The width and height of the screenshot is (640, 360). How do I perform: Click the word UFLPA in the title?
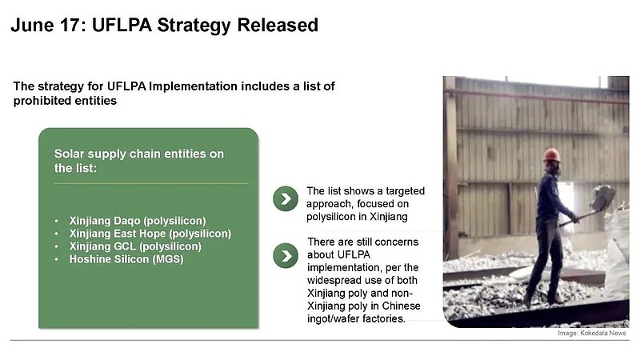[x=122, y=25]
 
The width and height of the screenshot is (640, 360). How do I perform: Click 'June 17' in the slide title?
[x=45, y=25]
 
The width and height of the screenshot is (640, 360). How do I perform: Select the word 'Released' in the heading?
[x=278, y=25]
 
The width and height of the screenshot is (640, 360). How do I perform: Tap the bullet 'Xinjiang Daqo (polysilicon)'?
[x=138, y=221]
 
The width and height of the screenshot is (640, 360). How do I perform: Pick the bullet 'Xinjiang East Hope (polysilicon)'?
[x=150, y=234]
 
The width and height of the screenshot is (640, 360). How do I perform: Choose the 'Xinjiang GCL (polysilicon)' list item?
[x=135, y=246]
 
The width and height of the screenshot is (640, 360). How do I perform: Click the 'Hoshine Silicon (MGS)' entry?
[x=126, y=259]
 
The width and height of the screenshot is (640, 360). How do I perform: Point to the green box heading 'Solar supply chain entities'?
[x=139, y=154]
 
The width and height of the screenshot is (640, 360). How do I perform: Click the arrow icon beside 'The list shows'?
[x=286, y=198]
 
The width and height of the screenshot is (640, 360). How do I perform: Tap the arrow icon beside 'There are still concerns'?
[x=286, y=256]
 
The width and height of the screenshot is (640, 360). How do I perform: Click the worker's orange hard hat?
[x=551, y=154]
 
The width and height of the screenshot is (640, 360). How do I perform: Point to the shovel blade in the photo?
[x=602, y=197]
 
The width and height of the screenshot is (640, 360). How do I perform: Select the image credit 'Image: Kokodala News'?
[x=592, y=333]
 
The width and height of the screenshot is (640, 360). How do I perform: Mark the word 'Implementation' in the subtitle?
[x=193, y=86]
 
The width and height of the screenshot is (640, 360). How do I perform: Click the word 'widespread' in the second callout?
[x=336, y=281]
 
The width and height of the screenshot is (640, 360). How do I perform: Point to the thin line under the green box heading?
[x=151, y=183]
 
